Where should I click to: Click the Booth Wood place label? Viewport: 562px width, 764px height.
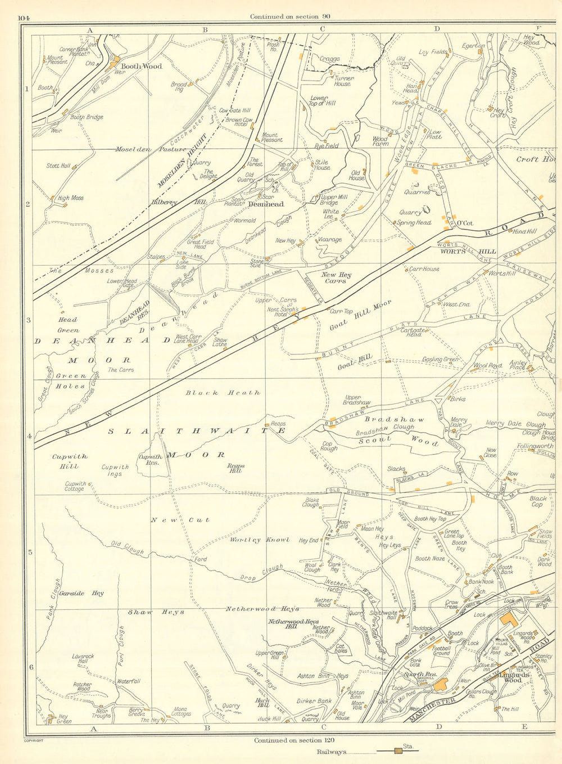pos(143,66)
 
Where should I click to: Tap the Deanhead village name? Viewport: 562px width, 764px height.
pos(265,204)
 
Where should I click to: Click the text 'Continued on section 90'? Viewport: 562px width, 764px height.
pos(289,16)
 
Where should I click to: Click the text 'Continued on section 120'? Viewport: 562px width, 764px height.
pos(291,740)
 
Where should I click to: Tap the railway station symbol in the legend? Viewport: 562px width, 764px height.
pos(398,751)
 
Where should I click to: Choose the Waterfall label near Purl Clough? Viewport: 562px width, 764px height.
pos(128,681)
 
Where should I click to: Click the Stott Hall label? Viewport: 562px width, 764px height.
pos(58,166)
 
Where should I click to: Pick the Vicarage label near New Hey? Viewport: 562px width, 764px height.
pos(329,240)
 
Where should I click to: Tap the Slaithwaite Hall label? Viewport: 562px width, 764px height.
pos(384,615)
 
